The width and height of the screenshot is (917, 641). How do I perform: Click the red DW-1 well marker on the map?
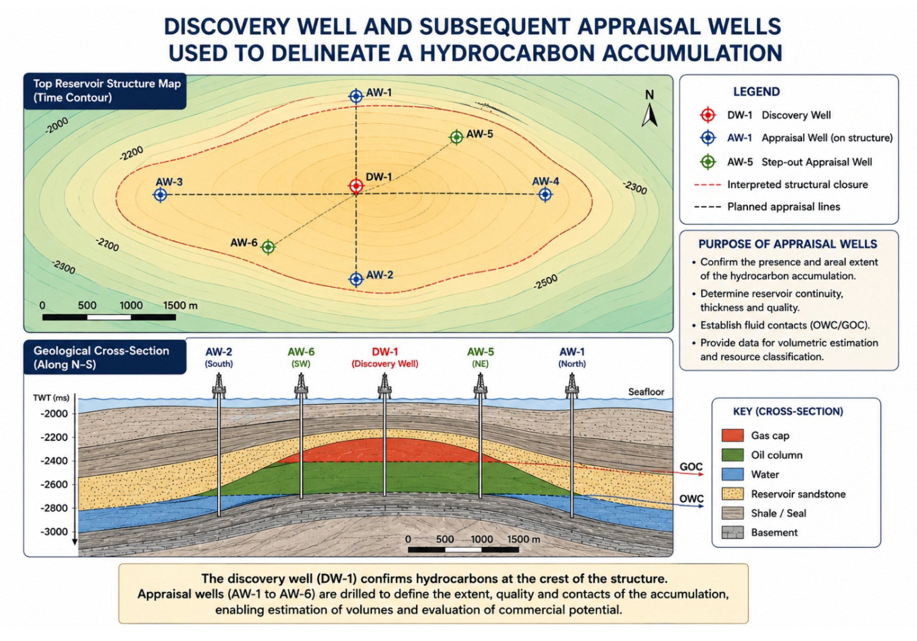tap(356, 186)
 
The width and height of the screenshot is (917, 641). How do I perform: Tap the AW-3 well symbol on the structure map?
tap(161, 195)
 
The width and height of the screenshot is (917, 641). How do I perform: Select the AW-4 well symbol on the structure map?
tap(545, 194)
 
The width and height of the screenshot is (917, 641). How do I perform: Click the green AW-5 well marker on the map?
tap(456, 137)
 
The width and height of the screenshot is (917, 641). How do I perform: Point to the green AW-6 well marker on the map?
tap(268, 247)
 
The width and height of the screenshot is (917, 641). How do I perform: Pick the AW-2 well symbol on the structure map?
tap(356, 279)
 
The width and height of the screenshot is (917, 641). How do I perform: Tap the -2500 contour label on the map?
tap(545, 282)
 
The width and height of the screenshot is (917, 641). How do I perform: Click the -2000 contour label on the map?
tap(57, 125)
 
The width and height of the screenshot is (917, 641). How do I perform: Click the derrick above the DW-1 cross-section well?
tap(384, 386)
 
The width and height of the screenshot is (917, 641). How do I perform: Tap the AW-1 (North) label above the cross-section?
tap(572, 357)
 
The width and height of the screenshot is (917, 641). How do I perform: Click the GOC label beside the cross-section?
tap(691, 467)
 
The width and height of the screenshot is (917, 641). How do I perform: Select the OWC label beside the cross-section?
tap(691, 498)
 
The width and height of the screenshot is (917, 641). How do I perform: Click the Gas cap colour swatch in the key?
tap(732, 435)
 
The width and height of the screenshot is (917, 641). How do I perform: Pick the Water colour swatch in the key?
tap(732, 474)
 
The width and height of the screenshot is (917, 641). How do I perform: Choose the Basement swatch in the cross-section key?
tap(732, 533)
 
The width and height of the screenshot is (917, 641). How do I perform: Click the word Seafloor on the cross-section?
tap(646, 392)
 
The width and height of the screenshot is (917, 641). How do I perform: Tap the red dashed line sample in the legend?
tap(708, 185)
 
